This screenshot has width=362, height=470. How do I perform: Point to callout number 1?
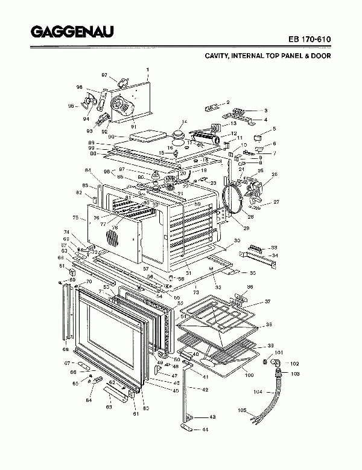[x=148, y=69]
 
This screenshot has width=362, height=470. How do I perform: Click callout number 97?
[x=104, y=75]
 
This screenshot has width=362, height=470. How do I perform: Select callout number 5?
[x=274, y=129]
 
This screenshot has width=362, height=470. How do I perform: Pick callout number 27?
[x=276, y=202]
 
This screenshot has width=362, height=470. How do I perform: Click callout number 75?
[x=75, y=217]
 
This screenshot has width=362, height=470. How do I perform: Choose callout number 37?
[x=267, y=301]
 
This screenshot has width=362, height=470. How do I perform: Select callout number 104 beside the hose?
[x=257, y=392]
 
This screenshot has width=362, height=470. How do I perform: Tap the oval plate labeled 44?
[x=187, y=429]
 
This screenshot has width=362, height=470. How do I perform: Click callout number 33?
[x=274, y=248]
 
